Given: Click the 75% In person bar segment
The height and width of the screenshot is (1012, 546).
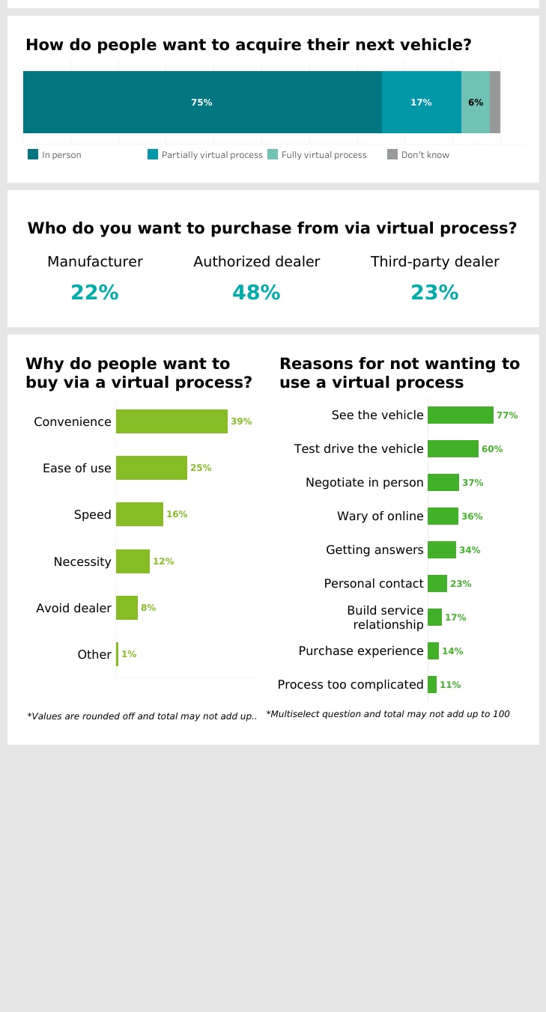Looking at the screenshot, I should [202, 103].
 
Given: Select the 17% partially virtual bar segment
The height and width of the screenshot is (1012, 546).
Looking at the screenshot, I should [421, 103].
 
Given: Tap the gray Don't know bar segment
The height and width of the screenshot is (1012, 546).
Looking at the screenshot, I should [495, 103].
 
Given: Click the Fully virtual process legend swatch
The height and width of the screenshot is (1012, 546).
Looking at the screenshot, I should [273, 155].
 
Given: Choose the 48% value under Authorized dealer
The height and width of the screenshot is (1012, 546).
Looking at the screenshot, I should [256, 293].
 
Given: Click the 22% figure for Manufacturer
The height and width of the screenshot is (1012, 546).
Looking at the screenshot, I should [94, 293].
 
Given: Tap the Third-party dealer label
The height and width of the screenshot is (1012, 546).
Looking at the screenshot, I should [434, 262].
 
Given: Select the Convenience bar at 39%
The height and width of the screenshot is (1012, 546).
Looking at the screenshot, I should [172, 421].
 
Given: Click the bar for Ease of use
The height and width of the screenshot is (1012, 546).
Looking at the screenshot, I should [151, 468].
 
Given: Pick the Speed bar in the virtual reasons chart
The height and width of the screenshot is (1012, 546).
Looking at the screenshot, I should [139, 514].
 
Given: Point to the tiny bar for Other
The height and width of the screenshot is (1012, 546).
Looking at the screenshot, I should [117, 654].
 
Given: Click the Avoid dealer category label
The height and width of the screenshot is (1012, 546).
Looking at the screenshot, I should [73, 608].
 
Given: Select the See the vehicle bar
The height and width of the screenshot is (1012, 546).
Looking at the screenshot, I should [460, 415].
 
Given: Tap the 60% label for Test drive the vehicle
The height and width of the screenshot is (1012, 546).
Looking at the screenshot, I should [492, 449].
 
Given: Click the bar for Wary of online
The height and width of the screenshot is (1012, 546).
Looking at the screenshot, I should [443, 516].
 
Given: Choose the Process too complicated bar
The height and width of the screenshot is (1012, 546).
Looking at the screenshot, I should [432, 684].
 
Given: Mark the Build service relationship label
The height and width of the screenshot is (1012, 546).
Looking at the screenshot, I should [385, 618].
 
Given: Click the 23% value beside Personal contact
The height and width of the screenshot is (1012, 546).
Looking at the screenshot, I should [461, 584].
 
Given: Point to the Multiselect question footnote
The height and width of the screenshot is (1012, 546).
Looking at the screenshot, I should [387, 714].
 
